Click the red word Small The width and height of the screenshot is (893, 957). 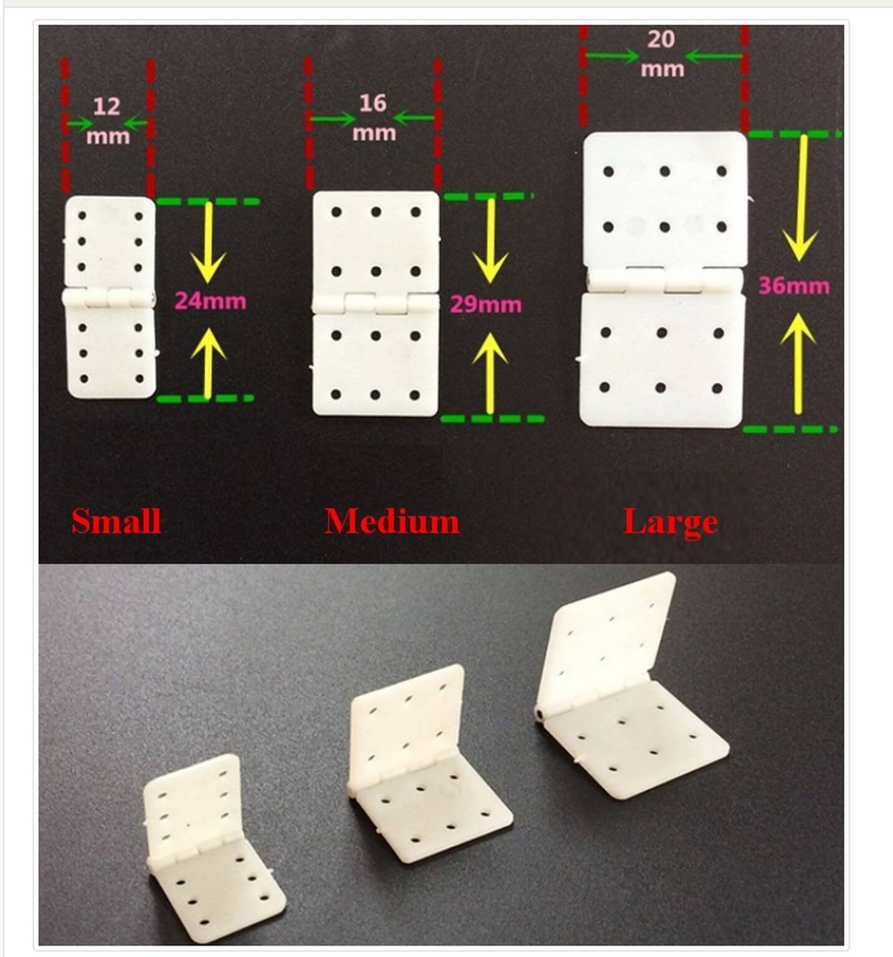click(x=116, y=521)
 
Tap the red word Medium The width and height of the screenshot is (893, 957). click(x=392, y=521)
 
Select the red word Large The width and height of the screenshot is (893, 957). click(x=671, y=523)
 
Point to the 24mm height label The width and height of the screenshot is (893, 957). click(x=210, y=301)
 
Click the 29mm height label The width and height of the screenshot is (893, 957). click(x=486, y=305)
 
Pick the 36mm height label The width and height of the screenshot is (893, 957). click(x=794, y=286)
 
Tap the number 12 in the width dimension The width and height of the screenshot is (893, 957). click(x=106, y=107)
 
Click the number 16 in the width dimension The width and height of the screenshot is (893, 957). click(x=372, y=103)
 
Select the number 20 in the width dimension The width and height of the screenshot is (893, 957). click(x=661, y=39)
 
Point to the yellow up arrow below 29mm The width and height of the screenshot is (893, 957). click(x=489, y=373)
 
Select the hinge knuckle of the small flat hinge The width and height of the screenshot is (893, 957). click(x=108, y=297)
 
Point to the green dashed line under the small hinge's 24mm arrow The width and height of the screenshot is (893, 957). click(x=206, y=398)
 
